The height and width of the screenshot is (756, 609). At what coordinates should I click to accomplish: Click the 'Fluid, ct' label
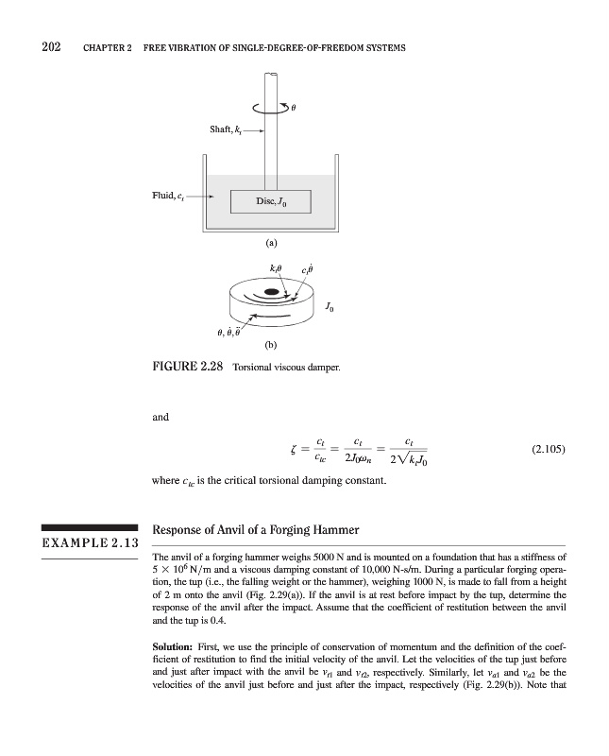pos(169,196)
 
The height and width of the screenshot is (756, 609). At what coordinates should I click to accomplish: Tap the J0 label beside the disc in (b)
pos(328,306)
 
